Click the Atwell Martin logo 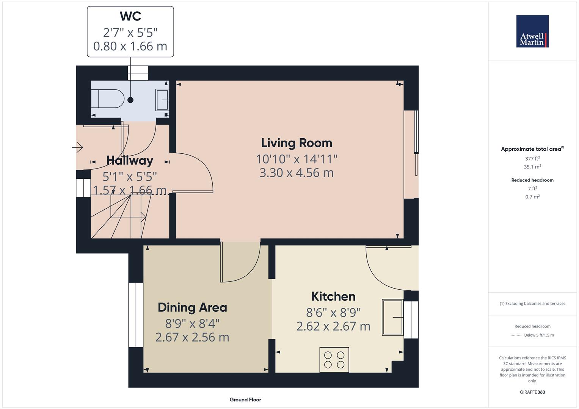(x=532, y=31)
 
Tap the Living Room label (x=297, y=143)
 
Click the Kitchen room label (x=333, y=297)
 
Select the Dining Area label (x=192, y=308)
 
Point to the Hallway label (x=130, y=161)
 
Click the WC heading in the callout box (x=130, y=16)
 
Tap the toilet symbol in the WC (x=108, y=98)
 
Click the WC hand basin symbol (x=162, y=100)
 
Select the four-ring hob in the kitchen (x=334, y=359)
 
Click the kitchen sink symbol (x=392, y=317)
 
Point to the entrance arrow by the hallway (x=78, y=147)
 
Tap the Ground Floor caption (x=245, y=400)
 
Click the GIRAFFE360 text (x=532, y=392)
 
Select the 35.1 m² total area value (x=532, y=167)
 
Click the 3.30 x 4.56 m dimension (x=297, y=173)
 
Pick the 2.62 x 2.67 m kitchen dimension (x=333, y=326)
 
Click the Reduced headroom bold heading (x=532, y=180)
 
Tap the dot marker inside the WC (x=130, y=100)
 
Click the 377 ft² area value (x=532, y=159)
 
